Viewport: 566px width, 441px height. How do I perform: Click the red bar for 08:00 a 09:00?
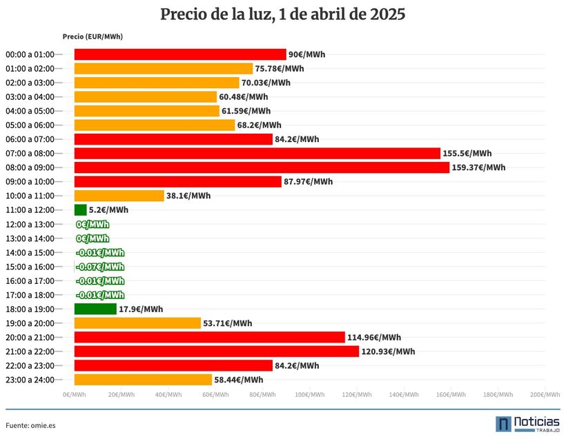262,167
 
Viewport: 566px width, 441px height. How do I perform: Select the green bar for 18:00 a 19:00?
96,309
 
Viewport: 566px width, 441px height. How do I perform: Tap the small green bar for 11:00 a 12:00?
81,210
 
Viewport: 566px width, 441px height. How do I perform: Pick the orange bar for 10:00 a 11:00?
119,196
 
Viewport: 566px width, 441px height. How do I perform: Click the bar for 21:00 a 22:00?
217,351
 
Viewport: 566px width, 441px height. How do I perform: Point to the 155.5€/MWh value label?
467,154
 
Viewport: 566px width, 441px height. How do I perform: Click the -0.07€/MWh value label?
100,267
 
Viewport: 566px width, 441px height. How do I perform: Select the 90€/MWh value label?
307,54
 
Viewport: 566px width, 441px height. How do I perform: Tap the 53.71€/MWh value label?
227,323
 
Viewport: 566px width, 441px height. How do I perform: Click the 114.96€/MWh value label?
374,338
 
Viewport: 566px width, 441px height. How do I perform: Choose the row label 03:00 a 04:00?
30,97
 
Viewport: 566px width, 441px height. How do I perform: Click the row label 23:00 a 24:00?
30,380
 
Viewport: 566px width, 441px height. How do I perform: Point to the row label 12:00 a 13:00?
30,225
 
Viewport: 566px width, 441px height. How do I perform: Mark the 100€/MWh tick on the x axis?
310,395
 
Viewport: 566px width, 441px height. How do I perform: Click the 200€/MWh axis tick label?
545,395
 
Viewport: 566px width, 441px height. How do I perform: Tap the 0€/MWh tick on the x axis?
75,395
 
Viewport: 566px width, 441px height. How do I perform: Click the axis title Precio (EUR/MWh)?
92,37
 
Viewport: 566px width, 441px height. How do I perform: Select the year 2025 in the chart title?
387,14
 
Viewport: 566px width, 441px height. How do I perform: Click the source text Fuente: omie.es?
30,426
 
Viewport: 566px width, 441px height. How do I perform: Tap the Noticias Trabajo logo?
528,424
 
